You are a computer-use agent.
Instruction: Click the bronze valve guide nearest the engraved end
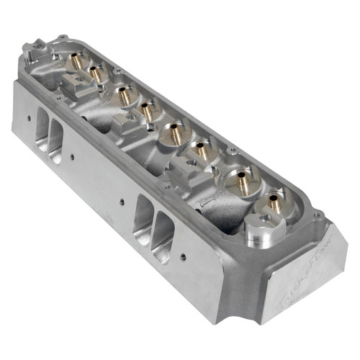(x=275, y=202)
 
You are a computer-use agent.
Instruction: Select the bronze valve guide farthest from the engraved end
(x=76, y=63)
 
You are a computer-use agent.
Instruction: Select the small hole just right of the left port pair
(x=72, y=154)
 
